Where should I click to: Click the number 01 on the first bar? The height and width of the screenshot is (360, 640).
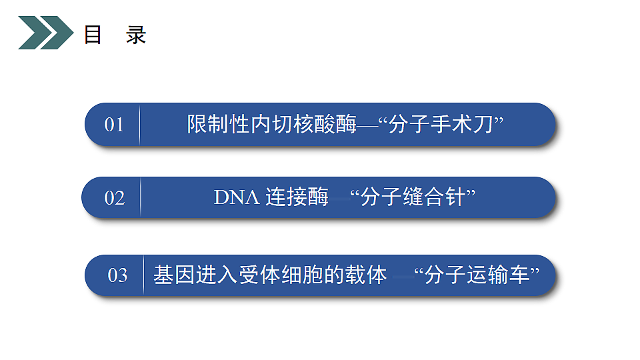click(114, 125)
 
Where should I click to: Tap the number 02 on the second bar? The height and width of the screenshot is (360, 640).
click(114, 198)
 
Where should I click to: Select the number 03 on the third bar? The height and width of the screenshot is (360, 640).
click(117, 275)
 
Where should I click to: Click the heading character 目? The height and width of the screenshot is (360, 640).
click(93, 35)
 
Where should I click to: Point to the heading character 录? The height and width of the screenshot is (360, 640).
click(136, 35)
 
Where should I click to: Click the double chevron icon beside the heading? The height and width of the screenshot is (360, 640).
click(45, 33)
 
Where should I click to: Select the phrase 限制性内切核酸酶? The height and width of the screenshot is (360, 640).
click(272, 125)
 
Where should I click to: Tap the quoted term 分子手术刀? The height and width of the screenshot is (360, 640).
click(441, 125)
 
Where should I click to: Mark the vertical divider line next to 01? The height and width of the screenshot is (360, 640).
click(139, 125)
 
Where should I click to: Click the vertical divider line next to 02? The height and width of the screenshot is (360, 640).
click(140, 198)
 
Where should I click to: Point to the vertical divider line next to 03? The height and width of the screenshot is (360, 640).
click(143, 275)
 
